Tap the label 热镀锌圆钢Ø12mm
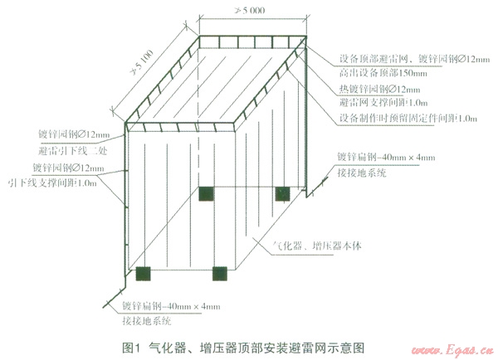373,88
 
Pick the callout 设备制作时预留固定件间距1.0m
408,119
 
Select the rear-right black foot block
282,193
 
